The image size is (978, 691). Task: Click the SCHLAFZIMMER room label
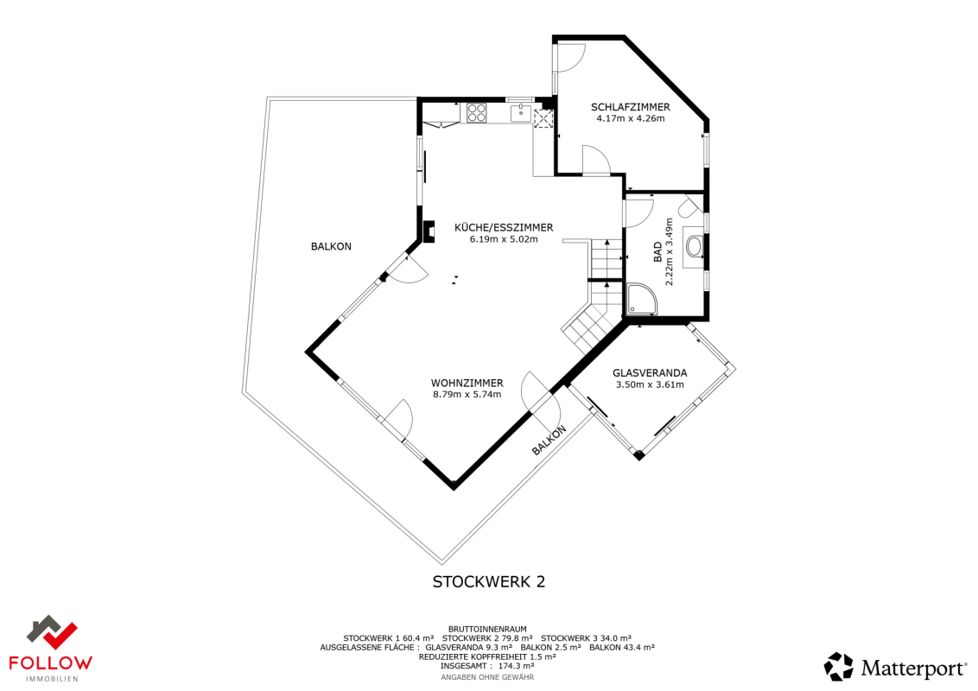pyautogui.click(x=631, y=107)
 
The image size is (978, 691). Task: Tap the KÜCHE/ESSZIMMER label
pyautogui.click(x=504, y=228)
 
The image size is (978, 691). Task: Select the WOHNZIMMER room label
pyautogui.click(x=467, y=383)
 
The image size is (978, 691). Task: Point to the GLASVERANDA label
pyautogui.click(x=650, y=373)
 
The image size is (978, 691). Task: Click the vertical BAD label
pyautogui.click(x=657, y=252)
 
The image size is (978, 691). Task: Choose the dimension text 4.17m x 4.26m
pyautogui.click(x=631, y=118)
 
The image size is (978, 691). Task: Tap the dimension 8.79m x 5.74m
pyautogui.click(x=467, y=394)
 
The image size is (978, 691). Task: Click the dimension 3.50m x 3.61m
pyautogui.click(x=650, y=384)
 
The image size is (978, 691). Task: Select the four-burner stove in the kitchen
pyautogui.click(x=477, y=113)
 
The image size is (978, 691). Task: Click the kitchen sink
pyautogui.click(x=521, y=113)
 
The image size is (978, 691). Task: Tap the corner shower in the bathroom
pyautogui.click(x=642, y=300)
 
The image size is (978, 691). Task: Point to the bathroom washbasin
pyautogui.click(x=694, y=245)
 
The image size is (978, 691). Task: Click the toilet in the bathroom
pyautogui.click(x=689, y=206)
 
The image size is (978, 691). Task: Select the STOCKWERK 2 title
pyautogui.click(x=489, y=581)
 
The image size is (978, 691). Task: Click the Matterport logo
pyautogui.click(x=896, y=668)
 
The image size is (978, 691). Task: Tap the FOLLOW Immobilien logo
pyautogui.click(x=51, y=649)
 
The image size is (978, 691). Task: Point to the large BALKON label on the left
pyautogui.click(x=331, y=246)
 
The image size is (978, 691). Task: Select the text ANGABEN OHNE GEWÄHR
pyautogui.click(x=487, y=677)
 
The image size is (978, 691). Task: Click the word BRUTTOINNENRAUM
pyautogui.click(x=487, y=630)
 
